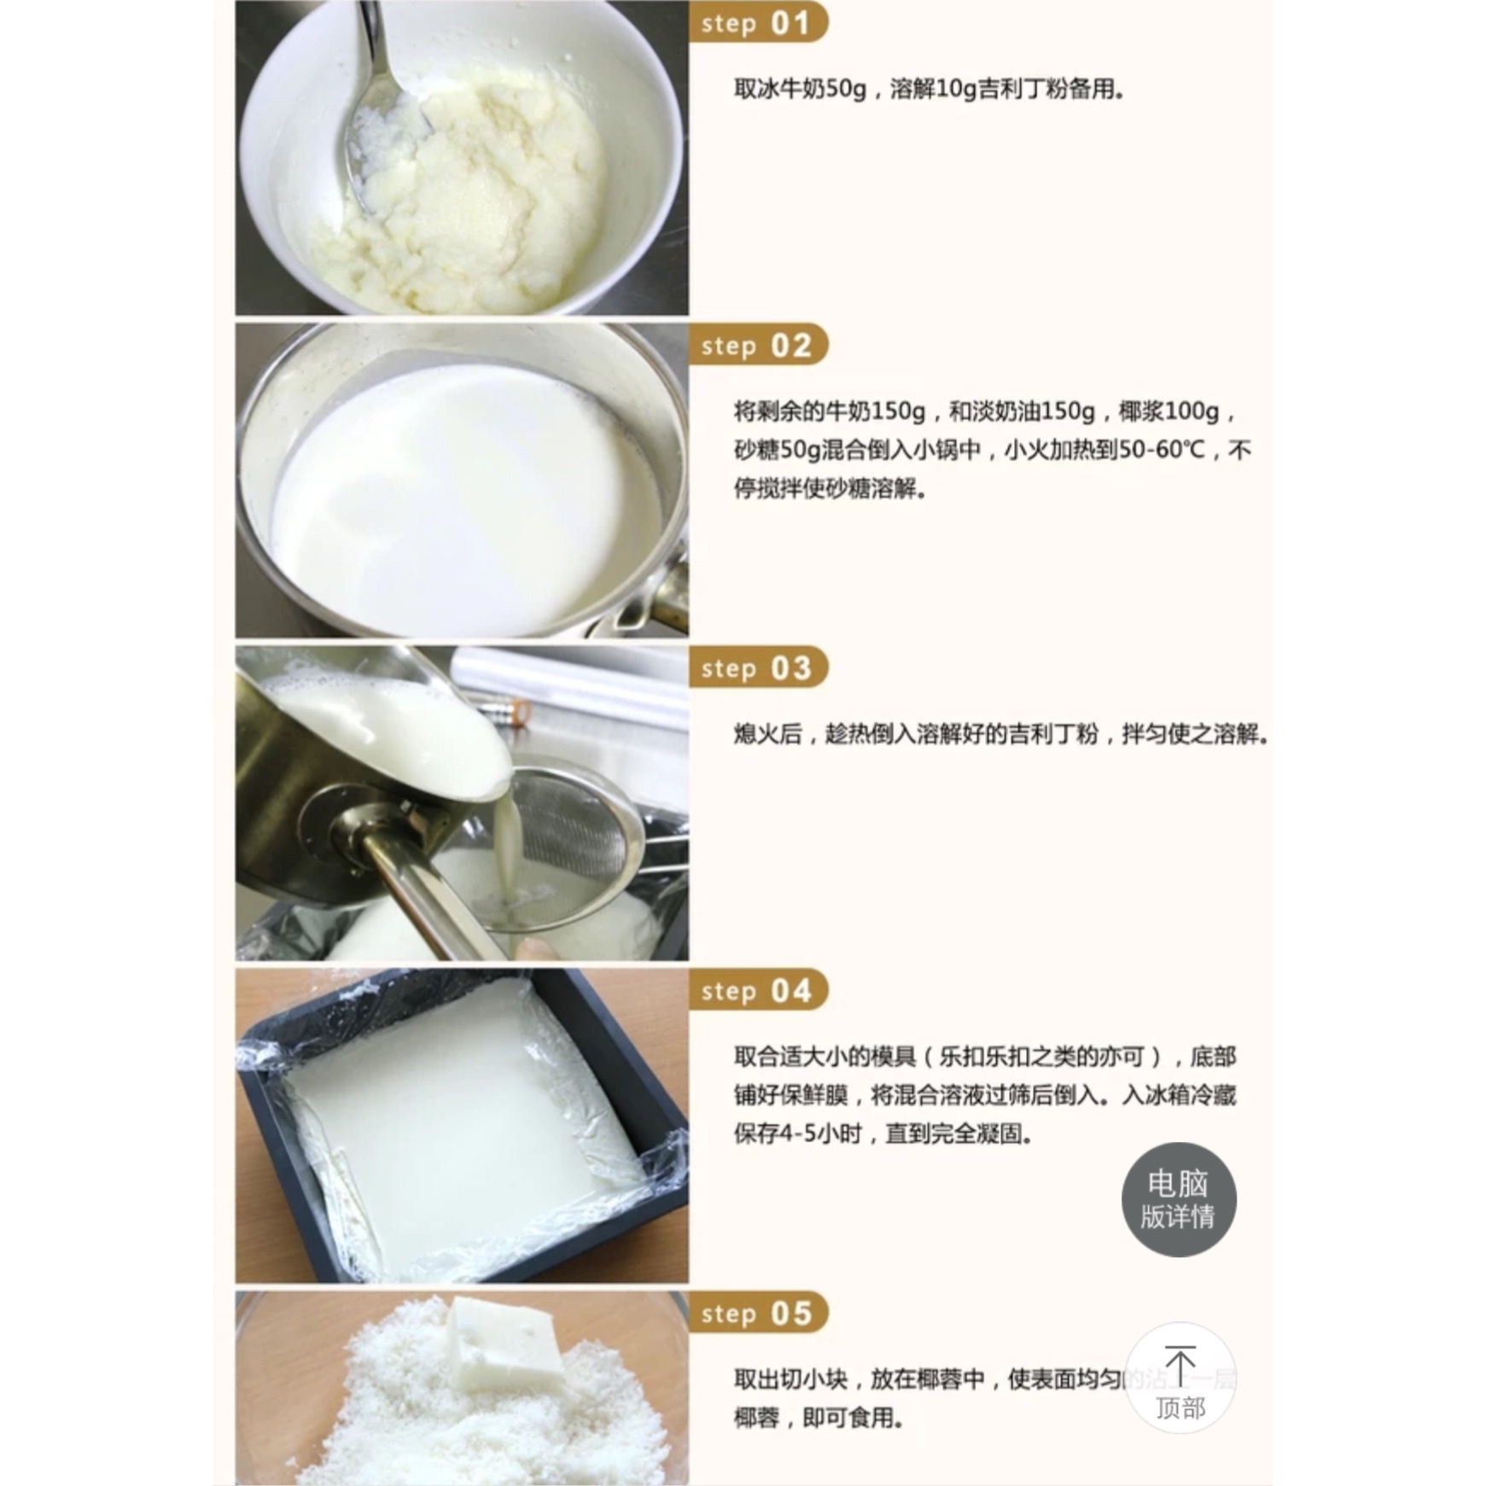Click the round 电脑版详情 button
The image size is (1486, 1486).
[1178, 1199]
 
